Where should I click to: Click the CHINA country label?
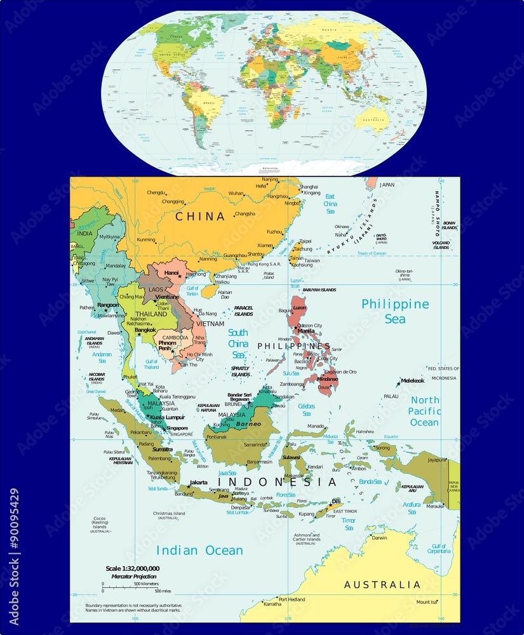click(201, 217)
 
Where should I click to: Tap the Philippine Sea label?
click(395, 311)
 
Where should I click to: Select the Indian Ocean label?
click(199, 551)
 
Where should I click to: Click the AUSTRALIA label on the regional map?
click(382, 585)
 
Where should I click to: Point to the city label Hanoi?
click(171, 273)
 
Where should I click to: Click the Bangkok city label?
click(145, 330)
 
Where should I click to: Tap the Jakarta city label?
click(199, 483)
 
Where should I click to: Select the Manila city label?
click(306, 331)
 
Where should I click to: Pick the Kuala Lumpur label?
click(167, 417)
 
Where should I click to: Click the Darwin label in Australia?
click(379, 538)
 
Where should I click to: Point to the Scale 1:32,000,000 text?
click(132, 568)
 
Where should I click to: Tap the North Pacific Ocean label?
click(424, 411)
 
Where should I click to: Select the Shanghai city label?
click(309, 187)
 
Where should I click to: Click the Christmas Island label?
click(169, 514)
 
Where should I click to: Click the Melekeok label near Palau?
click(412, 380)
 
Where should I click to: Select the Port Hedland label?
click(292, 599)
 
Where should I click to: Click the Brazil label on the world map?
click(207, 102)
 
